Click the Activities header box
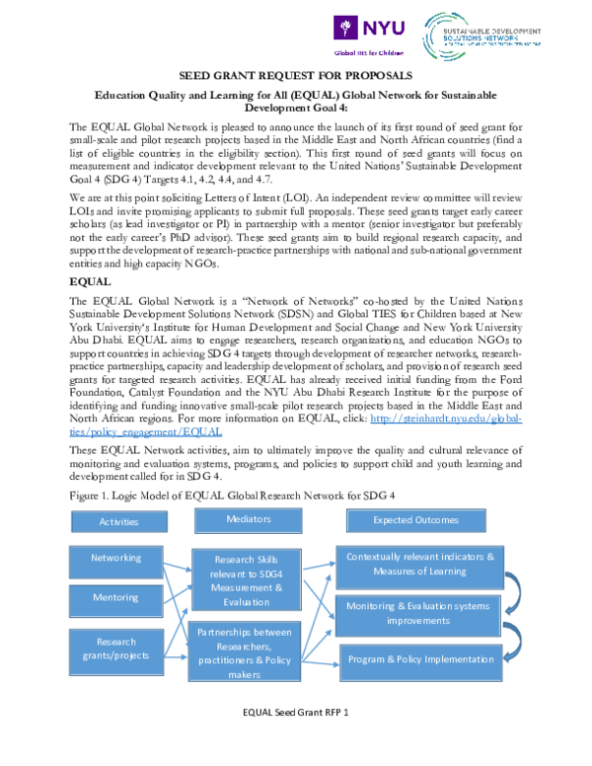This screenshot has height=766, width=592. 118,521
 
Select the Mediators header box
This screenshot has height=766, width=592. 248,519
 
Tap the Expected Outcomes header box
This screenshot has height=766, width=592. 415,520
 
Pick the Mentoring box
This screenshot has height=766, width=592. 115,599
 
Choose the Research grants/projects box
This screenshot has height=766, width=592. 115,651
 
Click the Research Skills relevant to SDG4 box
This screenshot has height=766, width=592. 246,579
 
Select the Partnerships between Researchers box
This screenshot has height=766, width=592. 244,651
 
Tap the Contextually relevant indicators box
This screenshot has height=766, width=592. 419,566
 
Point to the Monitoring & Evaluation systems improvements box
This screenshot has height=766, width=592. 417,615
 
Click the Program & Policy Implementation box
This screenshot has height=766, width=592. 420,660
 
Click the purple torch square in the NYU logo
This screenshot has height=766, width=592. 345,27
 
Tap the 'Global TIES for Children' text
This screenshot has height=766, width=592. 368,53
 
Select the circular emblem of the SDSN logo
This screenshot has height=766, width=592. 438,37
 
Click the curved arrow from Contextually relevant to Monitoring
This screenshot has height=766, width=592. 513,591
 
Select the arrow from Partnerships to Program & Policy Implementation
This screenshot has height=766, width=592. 320,664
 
